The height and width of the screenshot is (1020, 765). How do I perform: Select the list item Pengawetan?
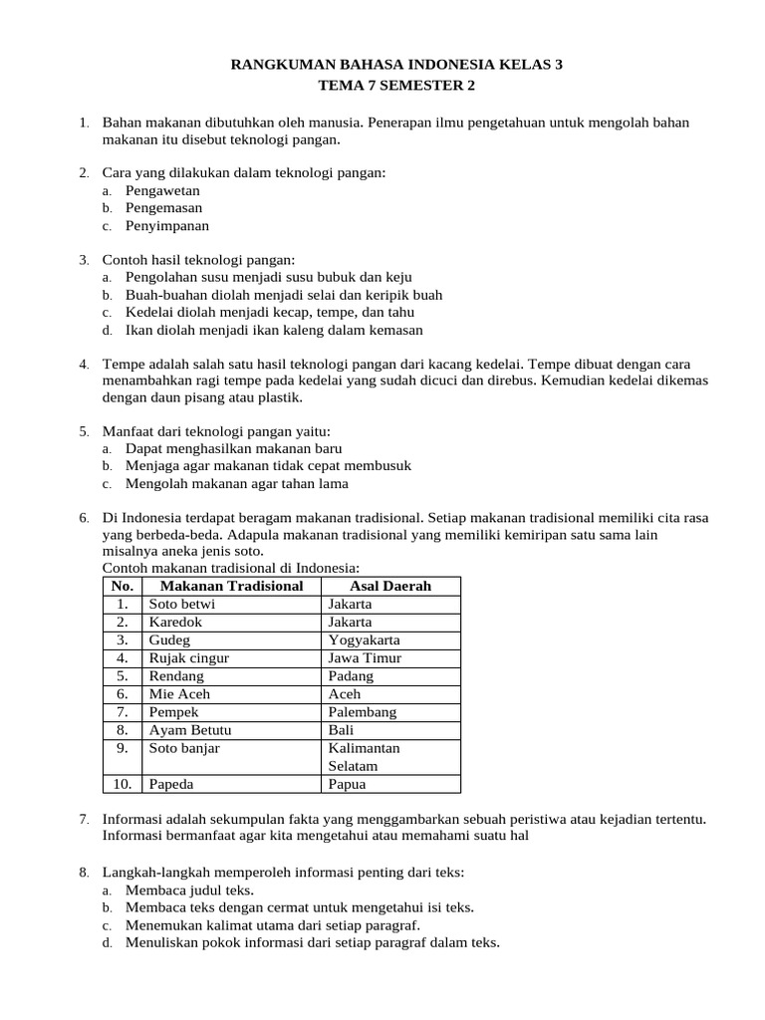(162, 190)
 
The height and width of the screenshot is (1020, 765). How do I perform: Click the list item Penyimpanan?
(167, 226)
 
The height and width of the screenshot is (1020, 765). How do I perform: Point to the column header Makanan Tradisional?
(231, 586)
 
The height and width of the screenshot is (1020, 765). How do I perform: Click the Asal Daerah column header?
(390, 586)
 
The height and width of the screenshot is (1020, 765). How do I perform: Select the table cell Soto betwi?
(181, 604)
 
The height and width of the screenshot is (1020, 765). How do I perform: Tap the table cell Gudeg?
(169, 639)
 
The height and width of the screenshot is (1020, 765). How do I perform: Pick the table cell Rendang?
(176, 675)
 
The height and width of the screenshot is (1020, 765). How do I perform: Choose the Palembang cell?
(362, 712)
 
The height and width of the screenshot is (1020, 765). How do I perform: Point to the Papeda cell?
(171, 784)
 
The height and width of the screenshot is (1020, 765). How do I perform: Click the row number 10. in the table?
(123, 784)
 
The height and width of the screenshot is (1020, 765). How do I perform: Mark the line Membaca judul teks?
(189, 891)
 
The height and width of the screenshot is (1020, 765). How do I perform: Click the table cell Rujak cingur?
(188, 657)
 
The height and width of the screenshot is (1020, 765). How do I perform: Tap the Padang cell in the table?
(351, 675)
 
